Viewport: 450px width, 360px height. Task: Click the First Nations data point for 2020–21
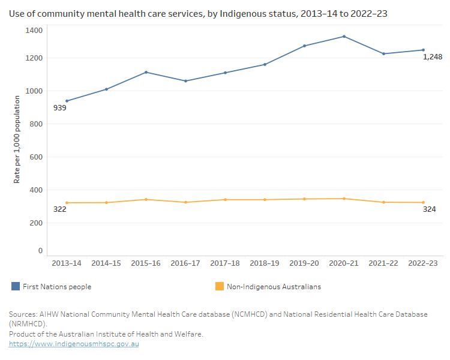click(344, 37)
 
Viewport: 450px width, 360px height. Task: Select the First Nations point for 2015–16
click(146, 72)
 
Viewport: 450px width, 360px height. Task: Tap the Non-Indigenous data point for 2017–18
click(225, 200)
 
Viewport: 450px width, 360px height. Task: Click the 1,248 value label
click(433, 57)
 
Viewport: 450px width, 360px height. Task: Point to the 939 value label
click(59, 108)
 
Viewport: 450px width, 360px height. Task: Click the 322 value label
click(59, 209)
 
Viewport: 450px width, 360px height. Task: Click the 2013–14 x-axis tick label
click(67, 263)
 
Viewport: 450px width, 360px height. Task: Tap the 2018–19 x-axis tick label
click(265, 263)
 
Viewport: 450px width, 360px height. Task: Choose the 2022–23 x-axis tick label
click(423, 263)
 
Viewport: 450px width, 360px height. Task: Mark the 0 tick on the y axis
click(40, 251)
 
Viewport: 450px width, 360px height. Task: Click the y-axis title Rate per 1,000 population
click(17, 139)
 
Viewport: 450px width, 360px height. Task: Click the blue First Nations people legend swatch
click(16, 287)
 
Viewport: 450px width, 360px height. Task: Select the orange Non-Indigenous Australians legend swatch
click(219, 287)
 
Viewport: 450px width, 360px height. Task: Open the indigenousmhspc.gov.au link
click(74, 344)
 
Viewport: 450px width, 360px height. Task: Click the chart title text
click(198, 13)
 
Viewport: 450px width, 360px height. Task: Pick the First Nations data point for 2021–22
click(383, 54)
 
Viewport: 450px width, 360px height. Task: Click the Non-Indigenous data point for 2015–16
click(146, 199)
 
